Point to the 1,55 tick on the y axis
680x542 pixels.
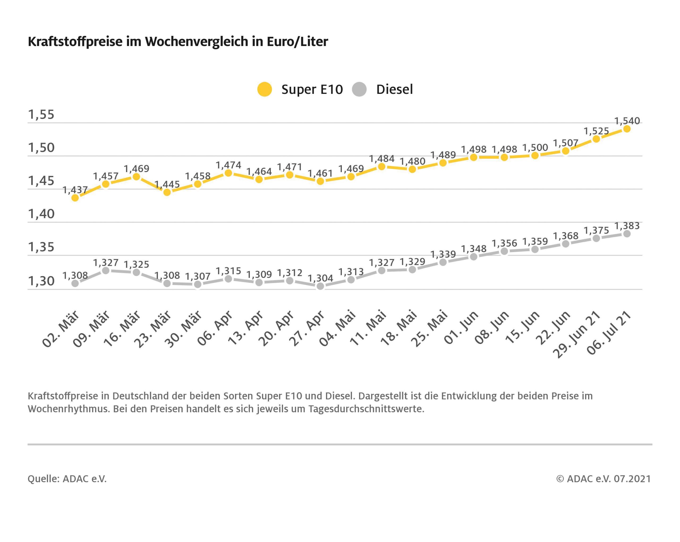pos(41,114)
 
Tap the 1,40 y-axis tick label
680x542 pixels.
pos(41,214)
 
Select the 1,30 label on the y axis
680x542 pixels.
pos(41,281)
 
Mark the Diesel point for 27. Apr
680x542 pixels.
pos(320,286)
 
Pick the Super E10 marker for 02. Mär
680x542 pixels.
pos(75,198)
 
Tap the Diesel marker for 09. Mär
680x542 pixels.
pos(106,271)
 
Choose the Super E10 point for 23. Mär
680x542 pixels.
pos(167,192)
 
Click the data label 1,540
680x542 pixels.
pos(627,121)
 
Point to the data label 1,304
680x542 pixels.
pos(320,278)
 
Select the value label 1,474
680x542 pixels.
pos(228,165)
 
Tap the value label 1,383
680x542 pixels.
pos(627,226)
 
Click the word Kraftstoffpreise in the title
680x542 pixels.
pos(75,41)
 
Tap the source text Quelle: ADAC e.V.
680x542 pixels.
pos(67,479)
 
